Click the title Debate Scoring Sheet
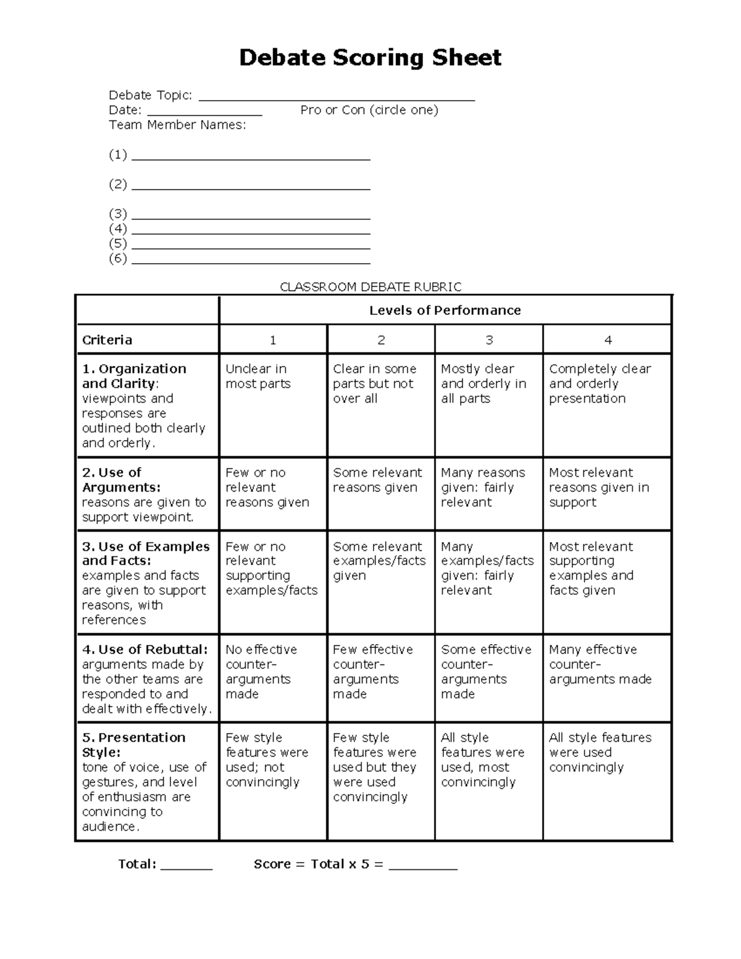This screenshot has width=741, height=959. click(370, 57)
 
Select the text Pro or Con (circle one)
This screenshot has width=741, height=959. click(369, 110)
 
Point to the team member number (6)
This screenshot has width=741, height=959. click(118, 258)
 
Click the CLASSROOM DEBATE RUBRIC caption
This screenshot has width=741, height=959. click(371, 287)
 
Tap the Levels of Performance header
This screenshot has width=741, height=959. click(445, 310)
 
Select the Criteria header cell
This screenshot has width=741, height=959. click(147, 340)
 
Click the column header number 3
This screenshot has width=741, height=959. click(488, 340)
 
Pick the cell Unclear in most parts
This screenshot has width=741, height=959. click(272, 377)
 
